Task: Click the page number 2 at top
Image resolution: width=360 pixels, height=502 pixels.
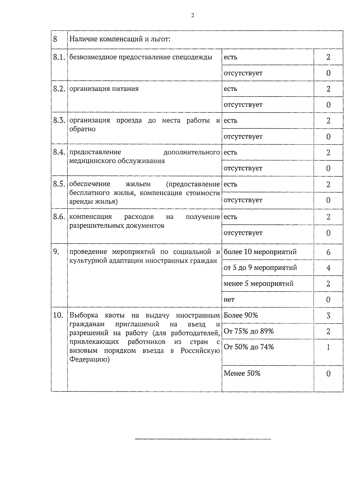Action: click(193, 16)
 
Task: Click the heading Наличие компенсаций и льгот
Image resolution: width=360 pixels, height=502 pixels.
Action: click(120, 39)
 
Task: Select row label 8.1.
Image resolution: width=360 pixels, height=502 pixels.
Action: click(59, 57)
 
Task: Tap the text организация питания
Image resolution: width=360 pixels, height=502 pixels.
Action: click(104, 89)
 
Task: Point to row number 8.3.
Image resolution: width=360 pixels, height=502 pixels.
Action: click(59, 120)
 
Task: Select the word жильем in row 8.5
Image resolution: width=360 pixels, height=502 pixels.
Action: click(138, 184)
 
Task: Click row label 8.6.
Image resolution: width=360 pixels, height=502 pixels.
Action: click(59, 217)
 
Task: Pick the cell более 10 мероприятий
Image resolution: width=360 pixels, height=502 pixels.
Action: click(260, 252)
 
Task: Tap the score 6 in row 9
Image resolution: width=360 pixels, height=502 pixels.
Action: click(328, 252)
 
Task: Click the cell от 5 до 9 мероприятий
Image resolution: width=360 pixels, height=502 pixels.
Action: click(260, 268)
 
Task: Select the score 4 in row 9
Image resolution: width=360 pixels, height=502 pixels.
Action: click(328, 268)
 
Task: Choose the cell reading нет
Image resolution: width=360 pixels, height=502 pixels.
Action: click(229, 299)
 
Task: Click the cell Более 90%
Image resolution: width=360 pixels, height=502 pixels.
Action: click(241, 315)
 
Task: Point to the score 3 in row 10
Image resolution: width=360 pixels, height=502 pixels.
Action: click(328, 316)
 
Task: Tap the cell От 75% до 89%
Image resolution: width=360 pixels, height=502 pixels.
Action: click(249, 331)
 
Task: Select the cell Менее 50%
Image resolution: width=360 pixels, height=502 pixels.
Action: click(242, 373)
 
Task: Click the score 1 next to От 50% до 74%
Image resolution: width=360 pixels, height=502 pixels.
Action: click(328, 347)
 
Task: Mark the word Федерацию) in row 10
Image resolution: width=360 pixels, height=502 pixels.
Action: click(89, 359)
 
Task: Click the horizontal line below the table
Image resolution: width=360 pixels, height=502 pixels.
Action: click(203, 439)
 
